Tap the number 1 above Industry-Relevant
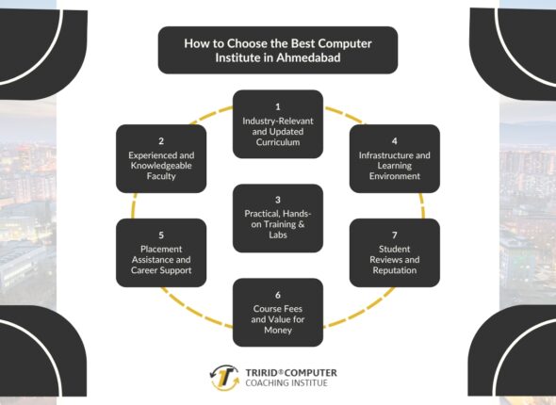pos(278,106)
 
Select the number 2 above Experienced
pos(160,140)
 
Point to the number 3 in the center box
pos(278,200)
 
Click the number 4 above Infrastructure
pos(395,140)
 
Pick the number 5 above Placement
pos(160,235)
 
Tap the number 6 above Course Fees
pos(278,294)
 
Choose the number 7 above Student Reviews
pos(395,235)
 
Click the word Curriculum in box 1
pos(278,142)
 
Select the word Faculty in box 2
pos(160,176)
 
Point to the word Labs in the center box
pos(278,236)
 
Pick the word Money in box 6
pos(278,330)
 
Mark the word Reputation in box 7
pos(395,270)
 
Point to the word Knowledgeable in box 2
pos(160,164)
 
